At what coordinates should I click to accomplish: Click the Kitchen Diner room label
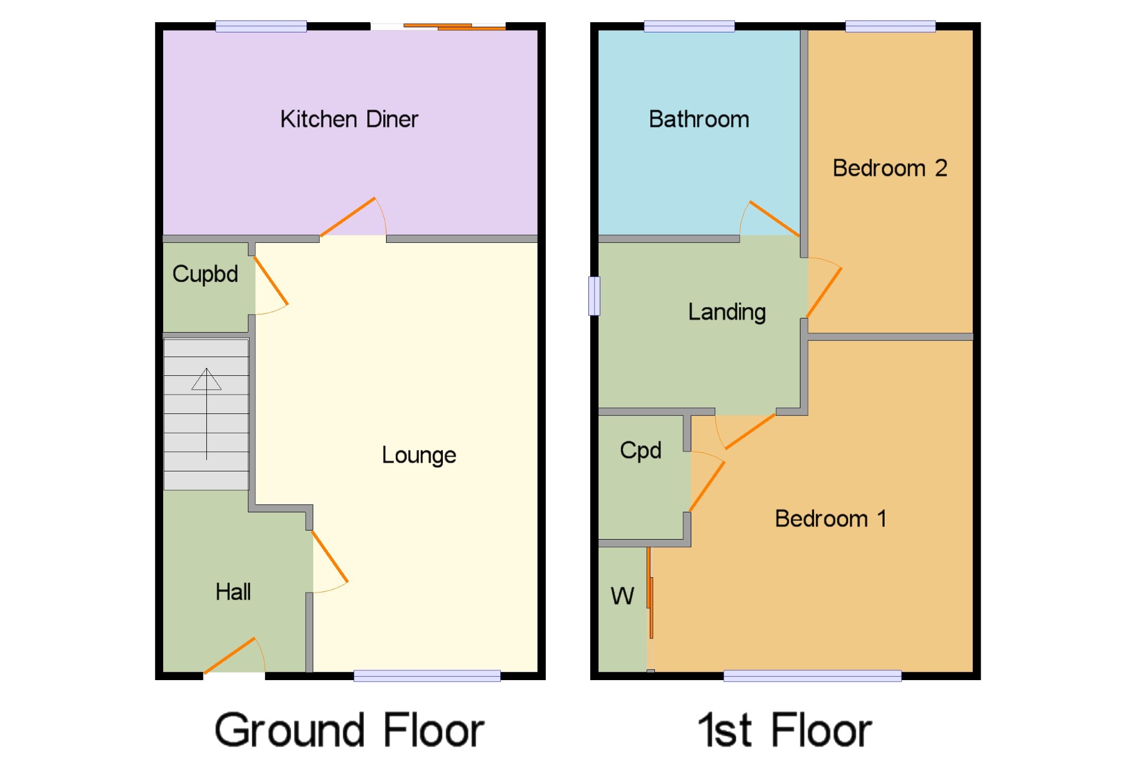click(349, 119)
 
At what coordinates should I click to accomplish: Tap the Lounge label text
click(418, 455)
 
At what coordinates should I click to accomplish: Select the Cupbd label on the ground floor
click(205, 274)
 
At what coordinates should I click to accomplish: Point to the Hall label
click(233, 592)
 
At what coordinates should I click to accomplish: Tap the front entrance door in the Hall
click(230, 656)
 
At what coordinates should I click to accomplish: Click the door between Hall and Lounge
click(330, 557)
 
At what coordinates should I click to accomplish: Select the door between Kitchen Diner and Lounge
click(348, 217)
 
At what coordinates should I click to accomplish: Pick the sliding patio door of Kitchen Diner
click(455, 26)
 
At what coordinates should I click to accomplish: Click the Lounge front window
click(427, 676)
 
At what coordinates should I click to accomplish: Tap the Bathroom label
click(699, 119)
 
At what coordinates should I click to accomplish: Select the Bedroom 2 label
click(890, 168)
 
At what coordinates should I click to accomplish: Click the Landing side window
click(594, 296)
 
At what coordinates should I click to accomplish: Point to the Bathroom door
click(774, 218)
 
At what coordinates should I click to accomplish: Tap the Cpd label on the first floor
click(641, 450)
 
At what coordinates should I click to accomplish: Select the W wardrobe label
click(622, 596)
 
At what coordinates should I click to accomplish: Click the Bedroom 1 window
click(812, 676)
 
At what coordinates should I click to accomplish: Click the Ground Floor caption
click(349, 730)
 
